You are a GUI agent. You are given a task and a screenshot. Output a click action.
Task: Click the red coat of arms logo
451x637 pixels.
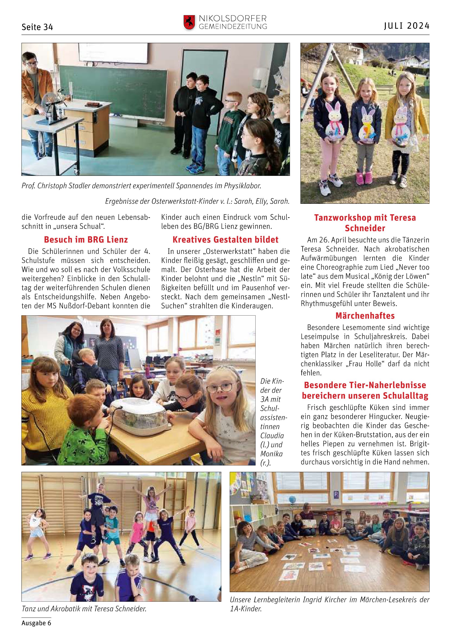[189, 22]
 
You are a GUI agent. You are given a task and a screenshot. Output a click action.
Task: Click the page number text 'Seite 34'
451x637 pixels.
[37, 27]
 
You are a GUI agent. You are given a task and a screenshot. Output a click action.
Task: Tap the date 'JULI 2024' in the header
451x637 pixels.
[407, 26]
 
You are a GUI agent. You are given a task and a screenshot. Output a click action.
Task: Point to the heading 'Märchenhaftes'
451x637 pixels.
[365, 316]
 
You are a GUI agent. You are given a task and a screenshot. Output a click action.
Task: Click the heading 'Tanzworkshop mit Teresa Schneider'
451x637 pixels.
[365, 223]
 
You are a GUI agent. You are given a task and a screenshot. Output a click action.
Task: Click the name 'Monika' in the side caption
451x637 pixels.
[271, 454]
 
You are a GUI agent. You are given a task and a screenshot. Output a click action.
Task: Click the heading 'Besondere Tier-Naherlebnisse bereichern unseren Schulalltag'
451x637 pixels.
[365, 390]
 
